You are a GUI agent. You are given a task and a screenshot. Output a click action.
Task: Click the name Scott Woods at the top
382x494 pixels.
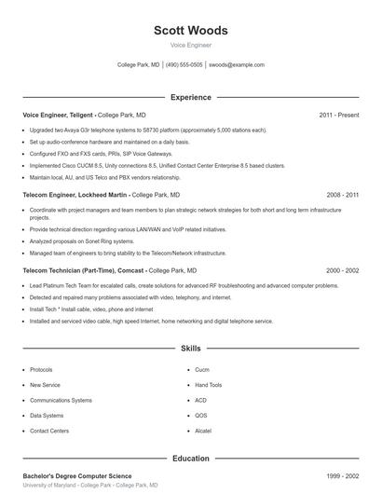point(191,31)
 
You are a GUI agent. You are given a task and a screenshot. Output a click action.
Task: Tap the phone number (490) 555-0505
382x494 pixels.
point(185,65)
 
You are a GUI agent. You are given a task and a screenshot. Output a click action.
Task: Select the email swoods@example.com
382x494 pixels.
point(237,65)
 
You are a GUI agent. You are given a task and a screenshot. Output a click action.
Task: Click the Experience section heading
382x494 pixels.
point(191,97)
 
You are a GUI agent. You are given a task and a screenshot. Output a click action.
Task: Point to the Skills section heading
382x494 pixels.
point(191,349)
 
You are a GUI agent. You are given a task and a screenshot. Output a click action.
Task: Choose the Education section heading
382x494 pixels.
point(191,459)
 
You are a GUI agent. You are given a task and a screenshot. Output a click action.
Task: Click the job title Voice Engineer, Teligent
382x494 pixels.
point(58,115)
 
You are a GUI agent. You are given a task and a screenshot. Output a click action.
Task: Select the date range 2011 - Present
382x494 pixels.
point(339,115)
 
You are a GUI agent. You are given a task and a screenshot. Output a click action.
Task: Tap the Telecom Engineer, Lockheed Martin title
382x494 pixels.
point(75,195)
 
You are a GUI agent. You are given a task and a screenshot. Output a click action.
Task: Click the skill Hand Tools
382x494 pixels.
point(209,385)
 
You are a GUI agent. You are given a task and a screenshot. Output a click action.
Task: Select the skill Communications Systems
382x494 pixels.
point(61,400)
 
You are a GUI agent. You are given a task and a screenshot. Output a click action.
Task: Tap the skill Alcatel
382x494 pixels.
point(203,432)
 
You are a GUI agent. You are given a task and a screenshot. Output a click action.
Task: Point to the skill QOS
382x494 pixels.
point(201,416)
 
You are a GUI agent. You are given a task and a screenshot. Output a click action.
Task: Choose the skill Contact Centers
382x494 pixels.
point(49,432)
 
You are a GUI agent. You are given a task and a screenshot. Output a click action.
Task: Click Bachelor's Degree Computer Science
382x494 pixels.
point(77,475)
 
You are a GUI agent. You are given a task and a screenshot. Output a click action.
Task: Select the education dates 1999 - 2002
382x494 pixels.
point(343,475)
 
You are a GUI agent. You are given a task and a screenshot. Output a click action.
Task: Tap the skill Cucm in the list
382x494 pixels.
point(202,369)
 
